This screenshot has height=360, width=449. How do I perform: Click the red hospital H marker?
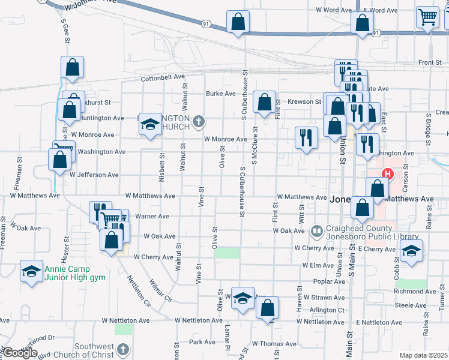(388, 175)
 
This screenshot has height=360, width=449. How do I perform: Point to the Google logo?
(20, 353)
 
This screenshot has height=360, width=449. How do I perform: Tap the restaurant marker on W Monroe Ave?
(307, 137)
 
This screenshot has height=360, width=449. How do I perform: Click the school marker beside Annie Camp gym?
(31, 272)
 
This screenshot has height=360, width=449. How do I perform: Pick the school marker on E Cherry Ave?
(412, 251)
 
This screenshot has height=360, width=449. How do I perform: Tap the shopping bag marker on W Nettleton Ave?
(268, 308)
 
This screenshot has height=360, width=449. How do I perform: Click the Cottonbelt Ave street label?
(163, 78)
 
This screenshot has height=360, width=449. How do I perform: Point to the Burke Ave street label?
(221, 94)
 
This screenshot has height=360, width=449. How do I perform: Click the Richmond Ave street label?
(409, 292)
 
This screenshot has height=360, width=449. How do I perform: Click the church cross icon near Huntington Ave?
(199, 123)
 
